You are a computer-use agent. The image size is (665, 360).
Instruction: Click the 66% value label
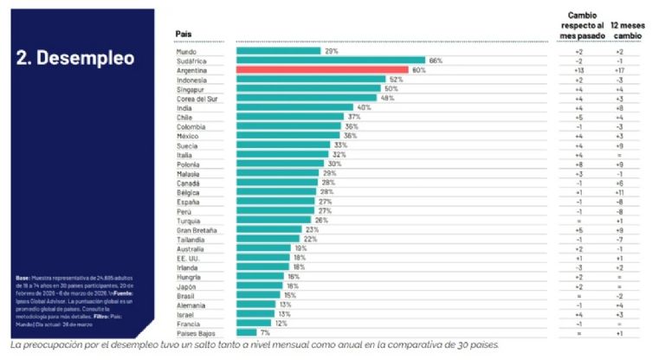pyautogui.click(x=436, y=61)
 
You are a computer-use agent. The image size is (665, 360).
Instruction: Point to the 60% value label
pyautogui.click(x=417, y=70)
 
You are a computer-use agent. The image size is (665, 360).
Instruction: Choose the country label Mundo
pyautogui.click(x=186, y=52)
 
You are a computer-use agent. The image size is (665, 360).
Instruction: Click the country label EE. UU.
pyautogui.click(x=189, y=258)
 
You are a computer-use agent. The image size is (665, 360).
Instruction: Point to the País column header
pyautogui.click(x=184, y=35)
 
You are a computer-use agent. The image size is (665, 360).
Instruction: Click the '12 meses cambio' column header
pyautogui.click(x=627, y=32)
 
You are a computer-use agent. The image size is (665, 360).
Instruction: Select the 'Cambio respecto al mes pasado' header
pyautogui.click(x=578, y=26)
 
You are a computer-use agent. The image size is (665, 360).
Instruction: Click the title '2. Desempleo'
pyautogui.click(x=75, y=59)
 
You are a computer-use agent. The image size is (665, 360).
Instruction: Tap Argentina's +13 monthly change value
pyautogui.click(x=577, y=70)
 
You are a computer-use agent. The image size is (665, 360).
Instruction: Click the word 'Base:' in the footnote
pyautogui.click(x=23, y=278)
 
